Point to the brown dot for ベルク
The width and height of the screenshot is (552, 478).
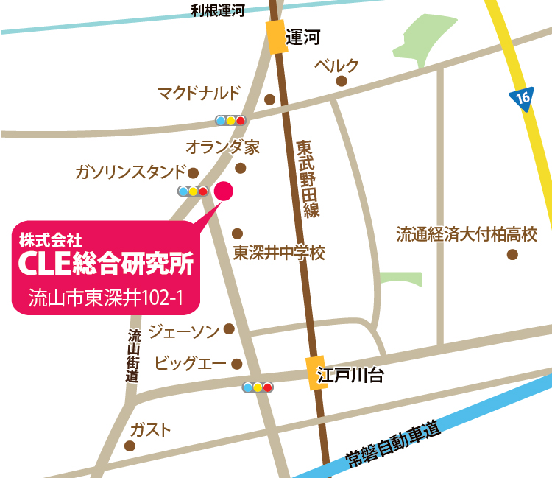tap(341, 82)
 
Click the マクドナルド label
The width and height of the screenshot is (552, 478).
tap(199, 94)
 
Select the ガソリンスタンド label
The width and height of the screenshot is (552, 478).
tap(130, 172)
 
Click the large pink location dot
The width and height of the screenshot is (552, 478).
tap(224, 191)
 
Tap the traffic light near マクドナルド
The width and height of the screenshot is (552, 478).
tap(230, 119)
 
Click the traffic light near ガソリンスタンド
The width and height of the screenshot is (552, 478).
tap(193, 191)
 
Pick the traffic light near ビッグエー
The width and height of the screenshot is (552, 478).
tap(258, 387)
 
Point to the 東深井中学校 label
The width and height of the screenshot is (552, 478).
tap(279, 253)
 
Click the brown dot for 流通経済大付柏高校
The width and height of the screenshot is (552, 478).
tap(512, 255)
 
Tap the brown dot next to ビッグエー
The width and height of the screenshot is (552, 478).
tap(237, 364)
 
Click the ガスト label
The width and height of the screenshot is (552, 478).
tap(150, 429)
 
